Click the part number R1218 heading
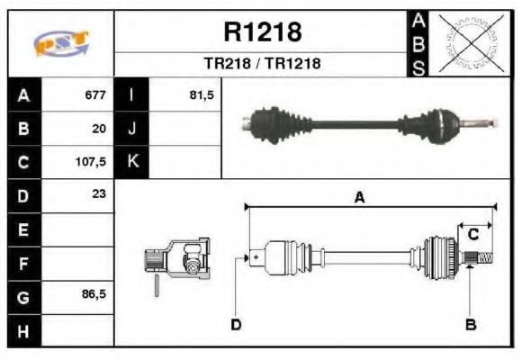(262, 33)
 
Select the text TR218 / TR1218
(262, 64)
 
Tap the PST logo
(61, 42)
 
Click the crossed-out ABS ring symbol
(467, 42)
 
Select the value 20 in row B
(99, 129)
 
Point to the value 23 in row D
(99, 195)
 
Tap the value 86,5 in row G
(93, 295)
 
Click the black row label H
(23, 330)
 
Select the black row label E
(23, 229)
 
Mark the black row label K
(132, 162)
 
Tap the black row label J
(132, 129)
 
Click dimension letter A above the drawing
(359, 199)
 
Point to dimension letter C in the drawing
(472, 235)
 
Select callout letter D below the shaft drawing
(236, 324)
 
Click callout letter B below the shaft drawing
(469, 324)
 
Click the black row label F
(23, 263)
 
